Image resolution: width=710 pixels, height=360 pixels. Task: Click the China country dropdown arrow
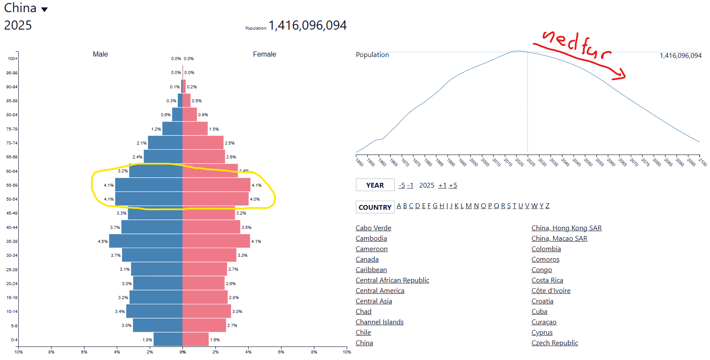click(x=44, y=10)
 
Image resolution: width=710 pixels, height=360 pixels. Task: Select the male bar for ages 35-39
click(x=145, y=241)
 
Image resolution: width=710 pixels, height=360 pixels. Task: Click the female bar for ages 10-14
click(x=206, y=311)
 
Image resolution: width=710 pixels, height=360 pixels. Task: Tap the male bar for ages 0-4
click(x=168, y=340)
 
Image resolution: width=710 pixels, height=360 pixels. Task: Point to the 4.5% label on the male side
click(x=103, y=242)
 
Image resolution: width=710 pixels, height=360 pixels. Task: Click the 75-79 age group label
click(x=12, y=129)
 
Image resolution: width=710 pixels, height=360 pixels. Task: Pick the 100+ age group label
click(x=13, y=59)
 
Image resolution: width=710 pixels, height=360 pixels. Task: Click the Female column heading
click(x=264, y=54)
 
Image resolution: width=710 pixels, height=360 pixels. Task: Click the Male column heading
click(x=100, y=54)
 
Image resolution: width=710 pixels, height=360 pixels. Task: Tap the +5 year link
click(x=453, y=185)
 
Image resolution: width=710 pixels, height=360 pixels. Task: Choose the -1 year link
click(x=410, y=185)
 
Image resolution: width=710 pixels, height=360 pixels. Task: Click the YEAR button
click(x=375, y=185)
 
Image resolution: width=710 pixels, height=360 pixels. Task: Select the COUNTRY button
click(x=375, y=207)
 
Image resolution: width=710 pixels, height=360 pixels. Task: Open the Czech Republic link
click(x=554, y=343)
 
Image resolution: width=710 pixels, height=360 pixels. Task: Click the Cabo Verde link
click(x=373, y=228)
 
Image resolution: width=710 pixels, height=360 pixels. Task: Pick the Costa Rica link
click(x=547, y=280)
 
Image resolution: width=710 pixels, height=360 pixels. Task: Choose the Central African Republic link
click(x=392, y=280)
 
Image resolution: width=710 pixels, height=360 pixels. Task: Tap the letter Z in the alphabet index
click(x=547, y=206)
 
